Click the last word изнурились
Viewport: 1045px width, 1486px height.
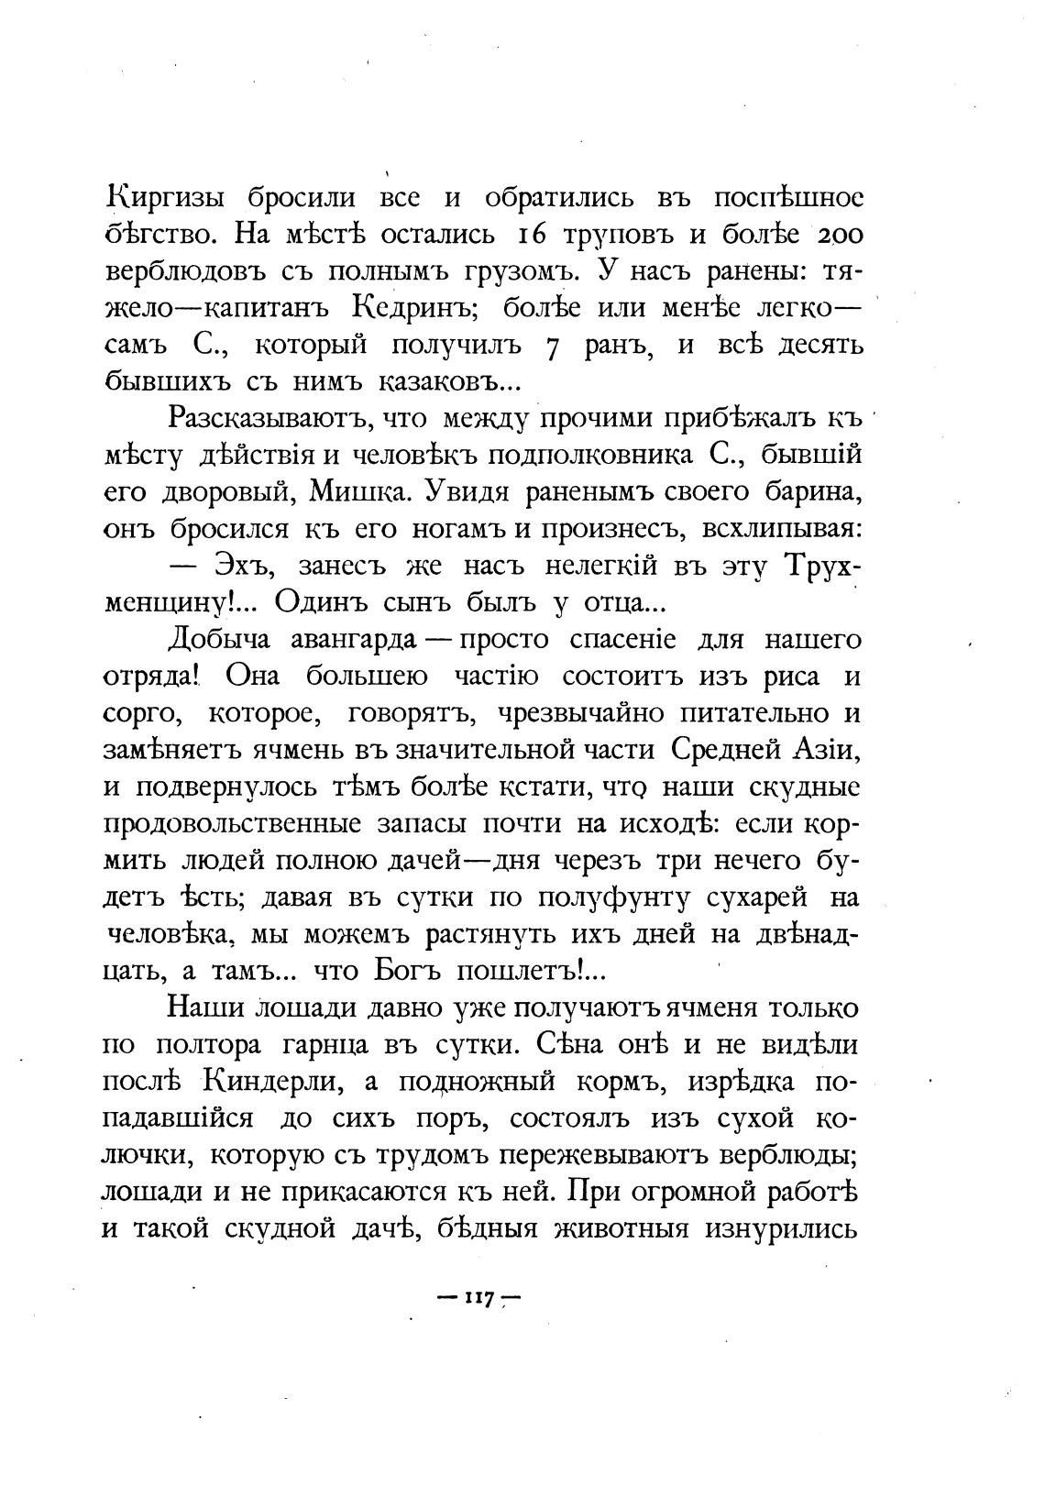coord(781,1227)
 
